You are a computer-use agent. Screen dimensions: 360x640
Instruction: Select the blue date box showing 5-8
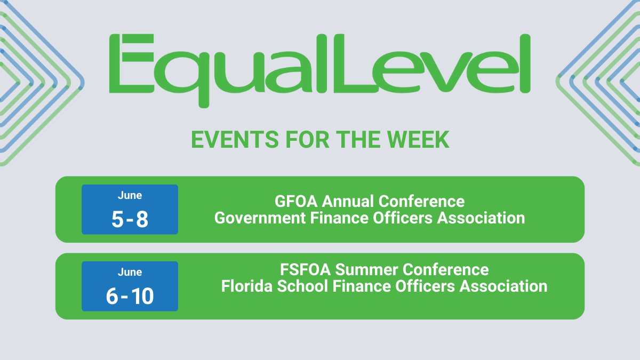coord(130,210)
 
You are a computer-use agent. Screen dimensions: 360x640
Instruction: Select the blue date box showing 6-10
coord(130,286)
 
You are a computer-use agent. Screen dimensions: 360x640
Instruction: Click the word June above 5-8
coord(130,195)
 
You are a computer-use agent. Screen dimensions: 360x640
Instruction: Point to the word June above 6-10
coord(130,272)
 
